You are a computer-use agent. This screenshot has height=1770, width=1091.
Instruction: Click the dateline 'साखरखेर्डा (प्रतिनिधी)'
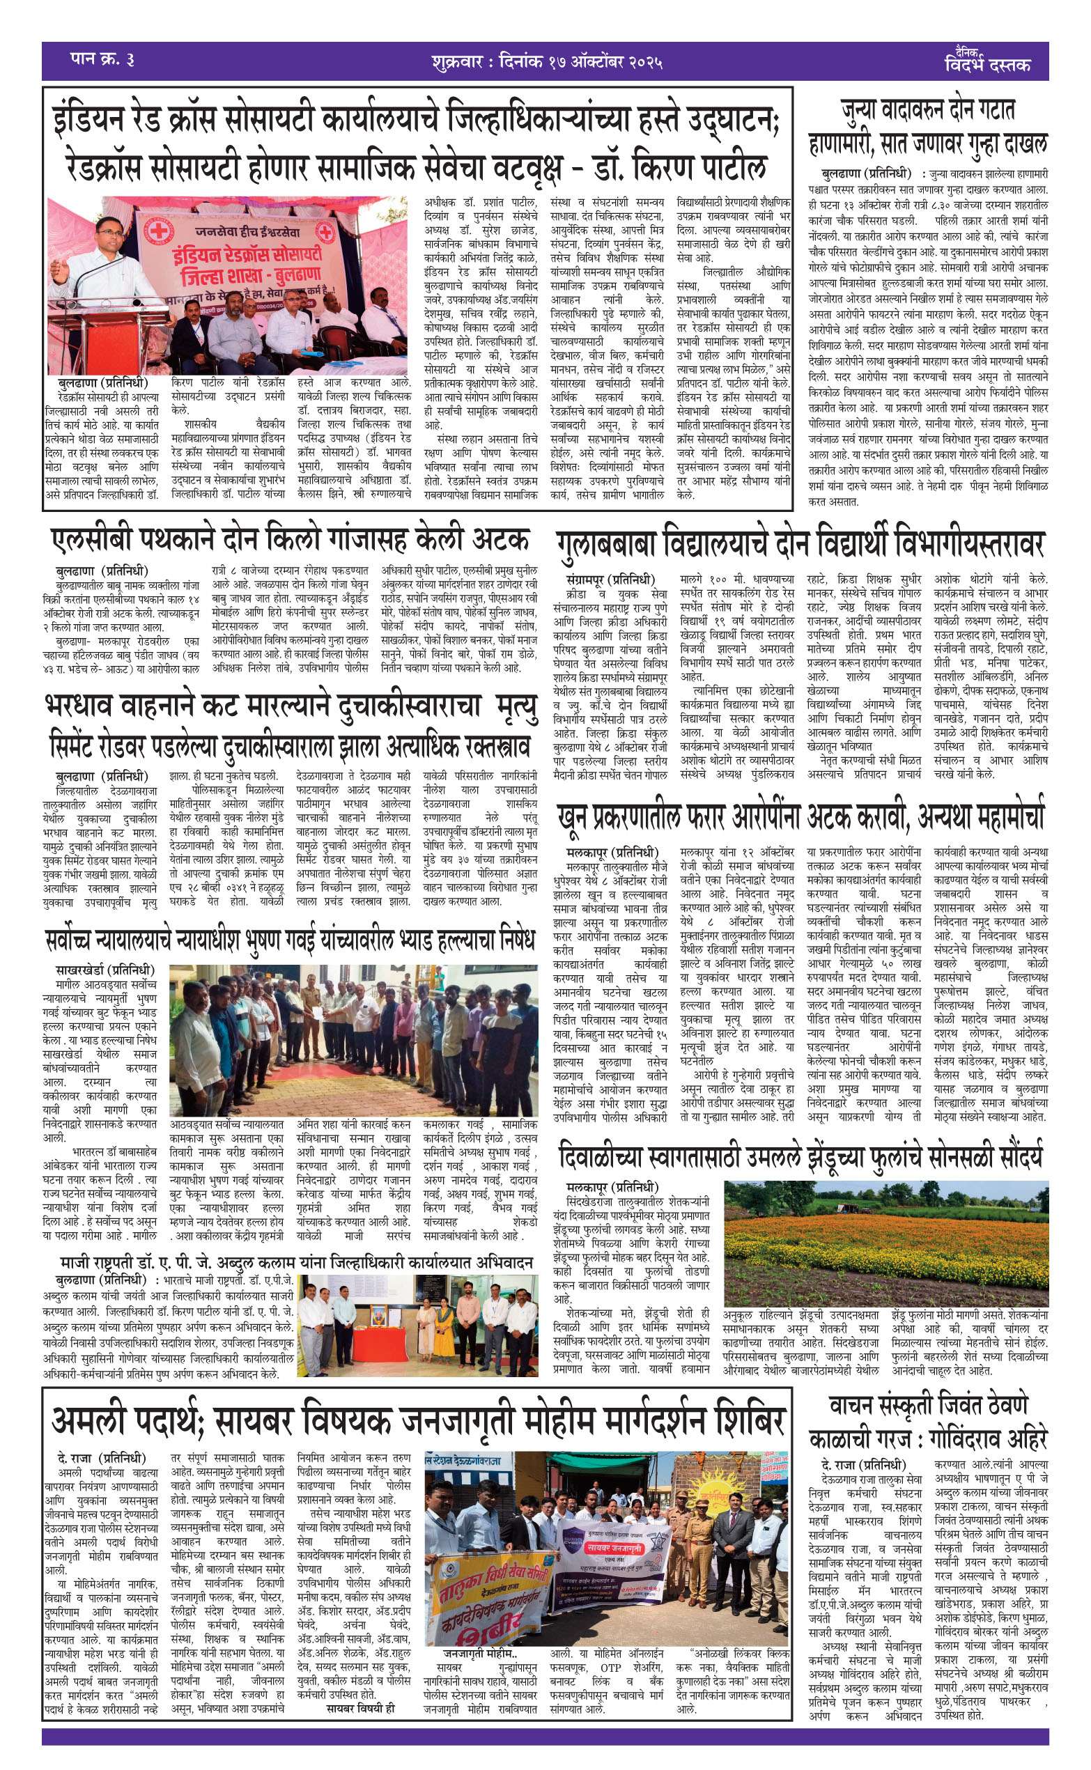(105, 970)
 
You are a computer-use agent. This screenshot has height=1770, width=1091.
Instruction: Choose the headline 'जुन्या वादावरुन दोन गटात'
(927, 109)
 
